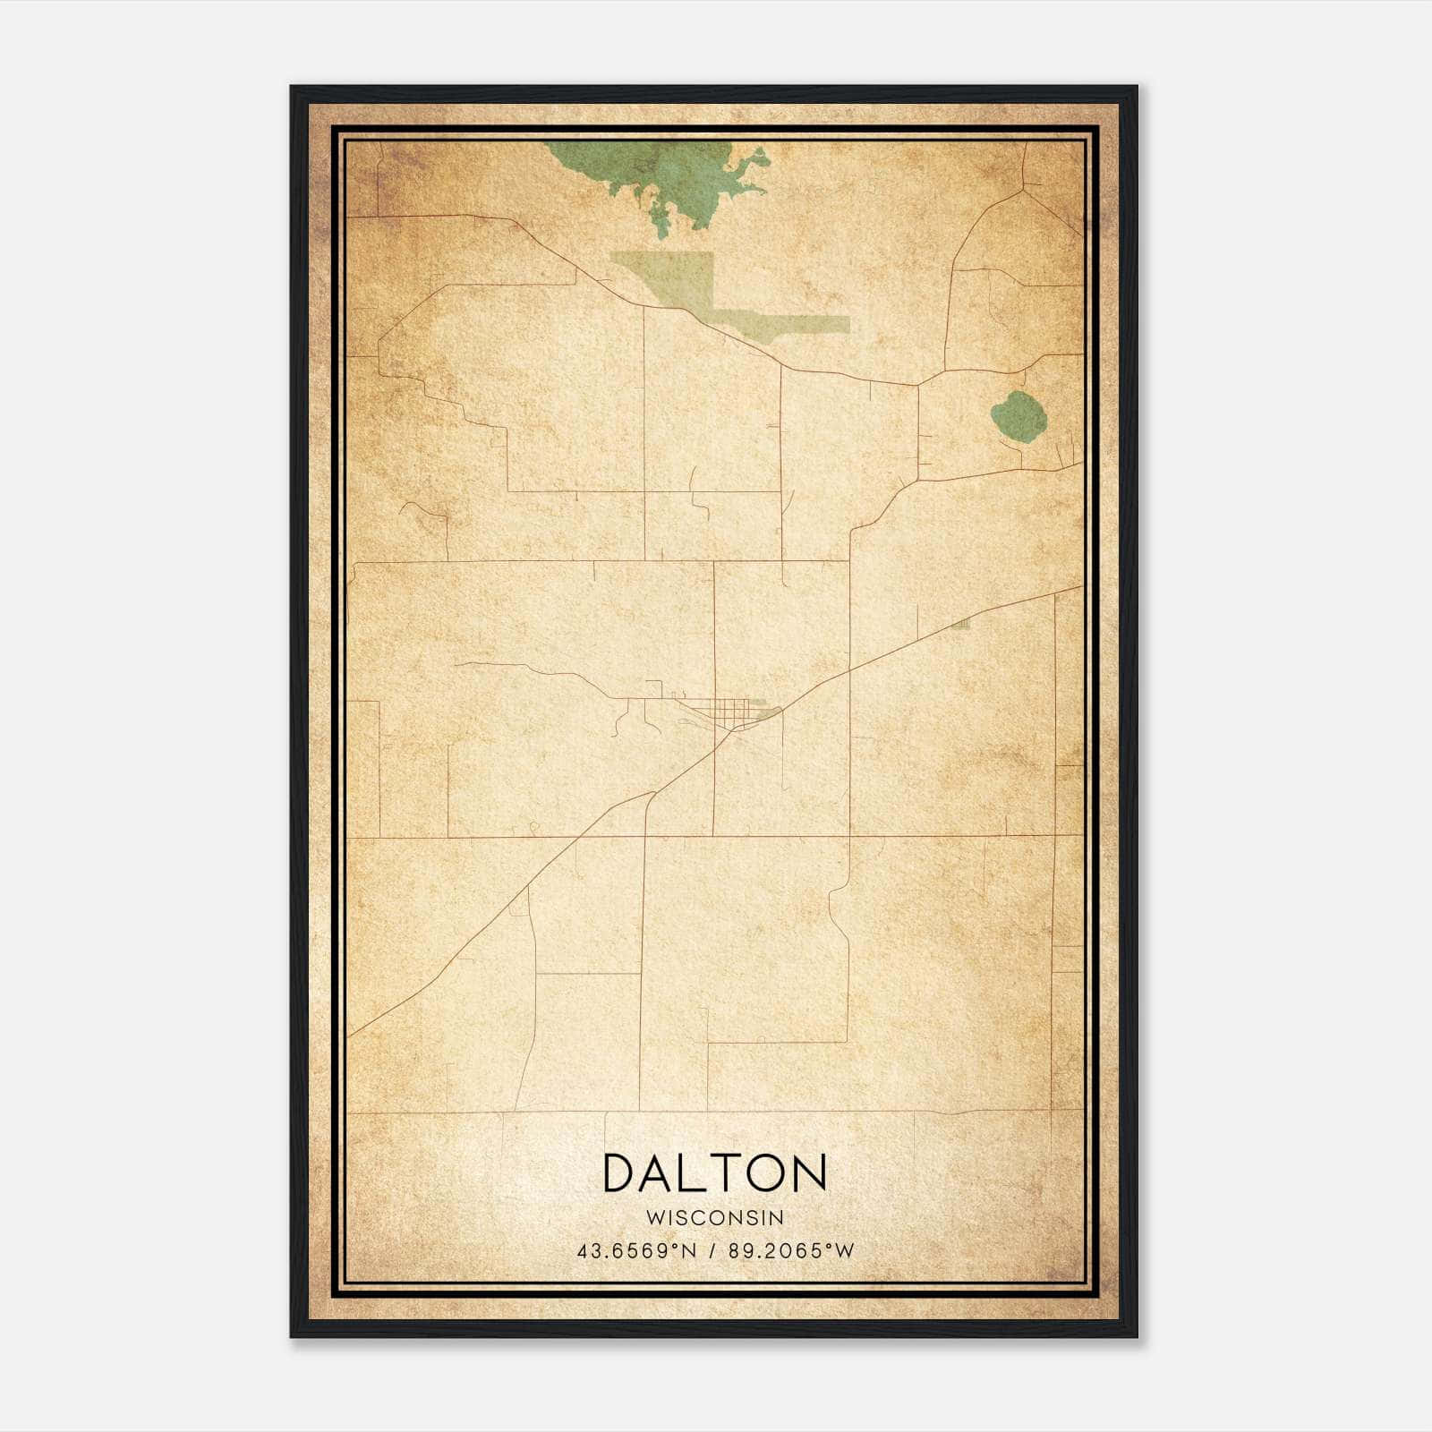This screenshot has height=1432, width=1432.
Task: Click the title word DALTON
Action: (x=714, y=1173)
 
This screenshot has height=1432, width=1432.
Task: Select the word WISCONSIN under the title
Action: (x=715, y=1217)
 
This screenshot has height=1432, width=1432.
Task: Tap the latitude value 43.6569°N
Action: (x=636, y=1250)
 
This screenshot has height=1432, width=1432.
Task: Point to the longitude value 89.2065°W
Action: (x=791, y=1250)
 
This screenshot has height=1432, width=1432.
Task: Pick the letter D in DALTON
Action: (x=623, y=1173)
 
